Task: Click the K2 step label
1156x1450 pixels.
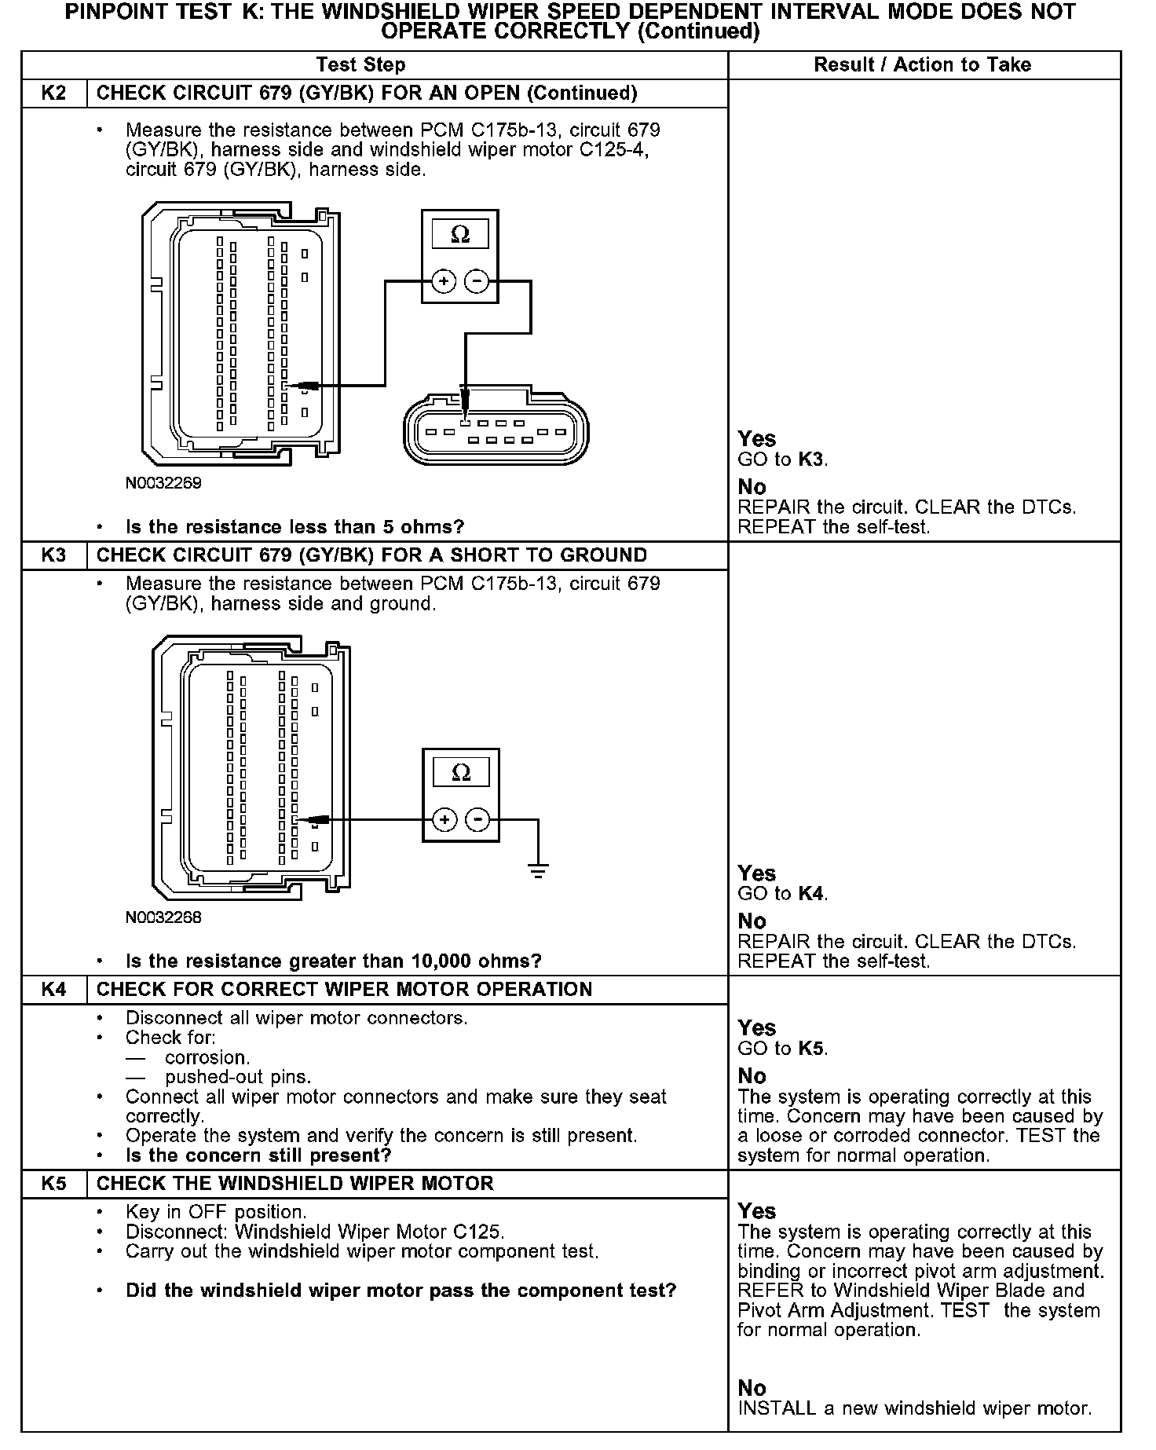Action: click(53, 93)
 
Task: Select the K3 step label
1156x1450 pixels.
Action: click(53, 555)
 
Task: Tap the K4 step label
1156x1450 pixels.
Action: click(53, 990)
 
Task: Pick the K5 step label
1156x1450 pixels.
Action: click(53, 1184)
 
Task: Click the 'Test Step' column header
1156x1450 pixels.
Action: click(360, 65)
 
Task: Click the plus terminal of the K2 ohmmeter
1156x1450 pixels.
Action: click(444, 281)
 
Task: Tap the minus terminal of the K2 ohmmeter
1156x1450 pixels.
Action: click(477, 281)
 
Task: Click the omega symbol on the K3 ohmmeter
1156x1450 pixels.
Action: click(461, 773)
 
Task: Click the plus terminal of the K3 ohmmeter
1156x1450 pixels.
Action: click(444, 820)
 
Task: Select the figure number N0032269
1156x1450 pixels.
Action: click(163, 483)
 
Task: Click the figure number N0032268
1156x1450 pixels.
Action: click(163, 917)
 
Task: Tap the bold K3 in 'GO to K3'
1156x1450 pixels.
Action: click(811, 460)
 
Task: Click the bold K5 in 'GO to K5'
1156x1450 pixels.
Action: click(811, 1049)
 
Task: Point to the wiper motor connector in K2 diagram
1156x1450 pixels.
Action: click(495, 432)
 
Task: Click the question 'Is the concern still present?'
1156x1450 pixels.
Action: click(258, 1155)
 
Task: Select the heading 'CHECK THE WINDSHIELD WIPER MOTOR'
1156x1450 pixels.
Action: click(294, 1184)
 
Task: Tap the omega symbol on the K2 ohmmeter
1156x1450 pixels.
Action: click(461, 234)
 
